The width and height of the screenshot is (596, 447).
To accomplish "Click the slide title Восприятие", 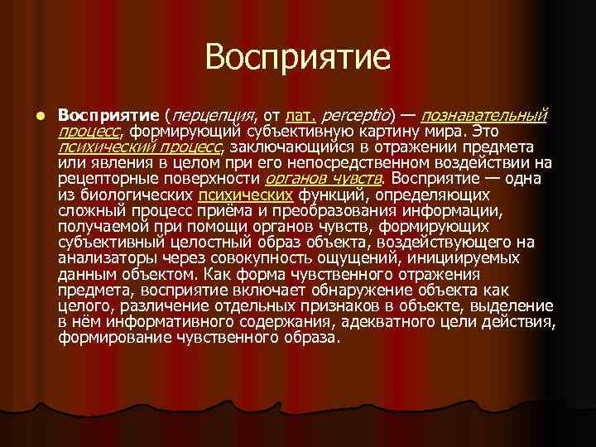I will pos(297,57).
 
